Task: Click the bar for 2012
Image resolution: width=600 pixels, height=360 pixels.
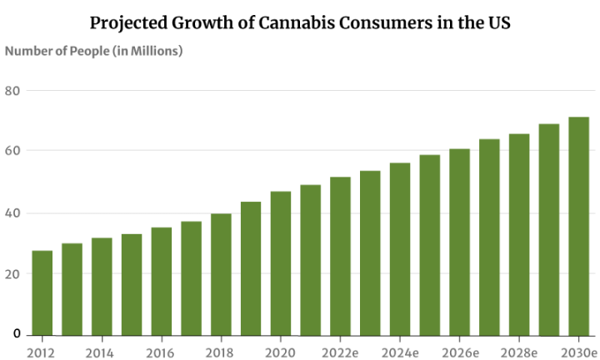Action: pyautogui.click(x=42, y=292)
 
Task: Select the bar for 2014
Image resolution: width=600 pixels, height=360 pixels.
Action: pyautogui.click(x=102, y=286)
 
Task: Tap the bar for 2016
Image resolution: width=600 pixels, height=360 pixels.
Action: pyautogui.click(x=161, y=280)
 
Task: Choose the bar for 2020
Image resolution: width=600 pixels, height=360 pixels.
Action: pyautogui.click(x=281, y=262)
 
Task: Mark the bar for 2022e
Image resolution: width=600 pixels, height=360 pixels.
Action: pyautogui.click(x=340, y=255)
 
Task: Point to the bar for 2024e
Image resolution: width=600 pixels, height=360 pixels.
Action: pyautogui.click(x=400, y=248)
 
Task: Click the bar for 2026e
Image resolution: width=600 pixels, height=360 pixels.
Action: pyautogui.click(x=460, y=241)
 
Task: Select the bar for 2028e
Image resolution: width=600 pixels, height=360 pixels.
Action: pyautogui.click(x=519, y=233)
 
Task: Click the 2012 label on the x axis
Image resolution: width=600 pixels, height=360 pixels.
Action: pyautogui.click(x=40, y=352)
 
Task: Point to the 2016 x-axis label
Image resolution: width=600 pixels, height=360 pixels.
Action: pyautogui.click(x=160, y=352)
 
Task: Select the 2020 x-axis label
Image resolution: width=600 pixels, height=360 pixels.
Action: pyautogui.click(x=280, y=352)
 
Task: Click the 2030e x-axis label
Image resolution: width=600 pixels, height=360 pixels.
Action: pyautogui.click(x=578, y=352)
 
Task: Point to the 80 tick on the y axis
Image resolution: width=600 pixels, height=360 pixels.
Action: pyautogui.click(x=12, y=92)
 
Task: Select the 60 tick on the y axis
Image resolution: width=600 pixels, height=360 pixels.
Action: pyautogui.click(x=12, y=151)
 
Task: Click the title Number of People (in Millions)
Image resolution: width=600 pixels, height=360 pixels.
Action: pyautogui.click(x=93, y=51)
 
